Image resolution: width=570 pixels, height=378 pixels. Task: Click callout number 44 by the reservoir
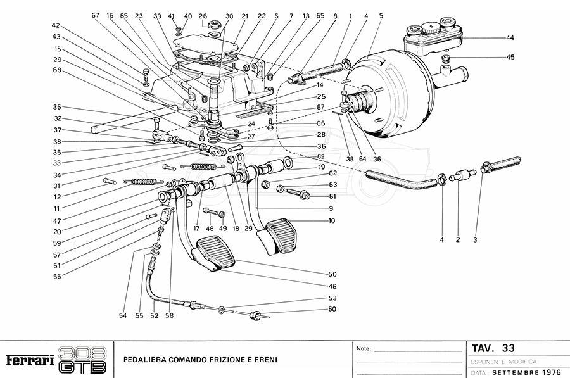(510, 38)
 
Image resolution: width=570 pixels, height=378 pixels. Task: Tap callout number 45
(510, 57)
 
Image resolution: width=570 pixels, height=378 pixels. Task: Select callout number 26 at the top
(203, 16)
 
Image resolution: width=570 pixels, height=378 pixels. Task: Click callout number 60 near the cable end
(332, 309)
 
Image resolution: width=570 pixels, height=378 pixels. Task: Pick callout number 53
(332, 298)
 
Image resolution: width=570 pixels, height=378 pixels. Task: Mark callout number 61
(332, 196)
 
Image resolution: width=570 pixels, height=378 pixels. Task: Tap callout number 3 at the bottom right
(474, 240)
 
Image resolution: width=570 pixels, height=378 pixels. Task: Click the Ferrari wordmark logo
(29, 360)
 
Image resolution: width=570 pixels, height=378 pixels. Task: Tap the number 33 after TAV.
(508, 348)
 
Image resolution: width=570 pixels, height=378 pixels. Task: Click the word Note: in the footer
(364, 349)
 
